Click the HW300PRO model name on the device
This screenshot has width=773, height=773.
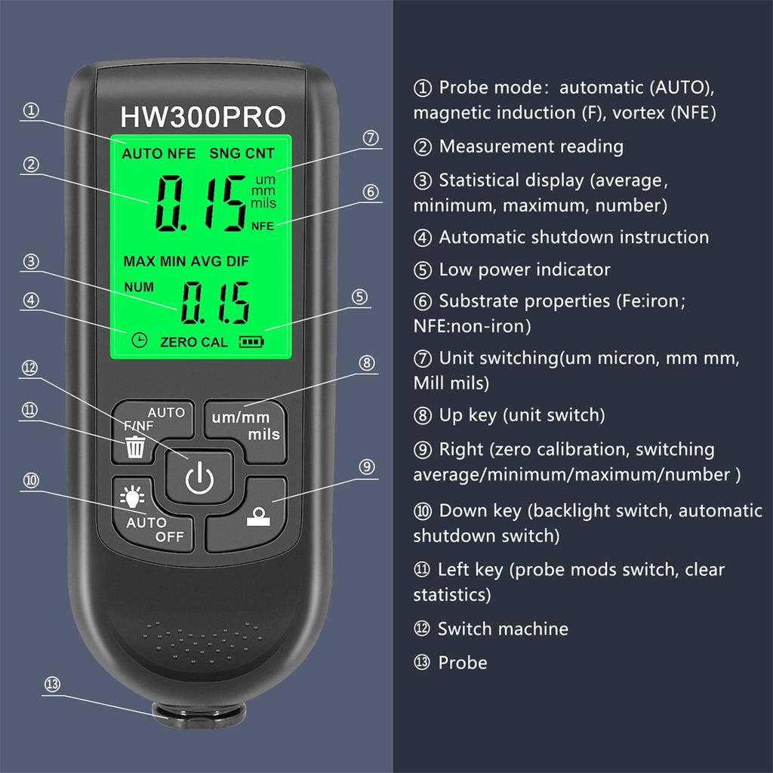pyautogui.click(x=203, y=117)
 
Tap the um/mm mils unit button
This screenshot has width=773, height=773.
pyautogui.click(x=245, y=426)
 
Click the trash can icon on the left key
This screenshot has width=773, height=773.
pyautogui.click(x=136, y=448)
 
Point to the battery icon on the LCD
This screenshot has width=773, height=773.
pyautogui.click(x=252, y=342)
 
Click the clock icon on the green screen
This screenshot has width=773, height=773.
pyautogui.click(x=139, y=340)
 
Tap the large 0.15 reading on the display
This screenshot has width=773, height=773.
pyautogui.click(x=200, y=202)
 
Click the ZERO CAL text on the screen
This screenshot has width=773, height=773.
pyautogui.click(x=194, y=342)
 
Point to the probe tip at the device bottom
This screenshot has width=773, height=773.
pyautogui.click(x=199, y=713)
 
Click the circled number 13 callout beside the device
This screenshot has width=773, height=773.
pyautogui.click(x=52, y=685)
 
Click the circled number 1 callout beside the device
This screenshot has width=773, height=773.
pyautogui.click(x=31, y=111)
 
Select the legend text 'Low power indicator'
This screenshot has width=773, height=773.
pyautogui.click(x=524, y=269)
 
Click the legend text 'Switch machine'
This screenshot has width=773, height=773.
pyautogui.click(x=503, y=629)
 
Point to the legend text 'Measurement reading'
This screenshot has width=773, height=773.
pyautogui.click(x=531, y=146)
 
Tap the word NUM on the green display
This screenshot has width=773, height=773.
pyautogui.click(x=138, y=287)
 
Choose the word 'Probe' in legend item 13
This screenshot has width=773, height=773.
pyautogui.click(x=463, y=663)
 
